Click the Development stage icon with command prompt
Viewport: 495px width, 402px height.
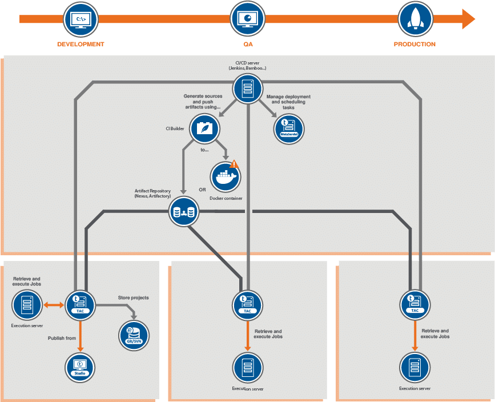pos(81,19)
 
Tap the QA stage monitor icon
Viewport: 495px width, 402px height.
pos(247,19)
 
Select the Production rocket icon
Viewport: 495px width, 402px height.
pos(414,19)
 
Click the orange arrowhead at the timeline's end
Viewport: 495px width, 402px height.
pos(468,19)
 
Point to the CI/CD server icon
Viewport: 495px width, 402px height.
pos(247,89)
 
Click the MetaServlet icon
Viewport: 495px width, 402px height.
pos(288,128)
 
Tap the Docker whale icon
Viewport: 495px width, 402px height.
pos(226,178)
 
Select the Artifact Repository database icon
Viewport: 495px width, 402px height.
pos(184,212)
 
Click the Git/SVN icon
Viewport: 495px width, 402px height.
pos(134,334)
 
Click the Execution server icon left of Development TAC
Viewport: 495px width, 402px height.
pos(27,305)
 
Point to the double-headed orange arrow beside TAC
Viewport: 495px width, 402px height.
pos(54,305)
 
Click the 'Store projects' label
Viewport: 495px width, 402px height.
pos(133,298)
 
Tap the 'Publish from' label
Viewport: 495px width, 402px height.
pos(62,338)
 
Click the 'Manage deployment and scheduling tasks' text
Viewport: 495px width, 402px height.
pos(288,102)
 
